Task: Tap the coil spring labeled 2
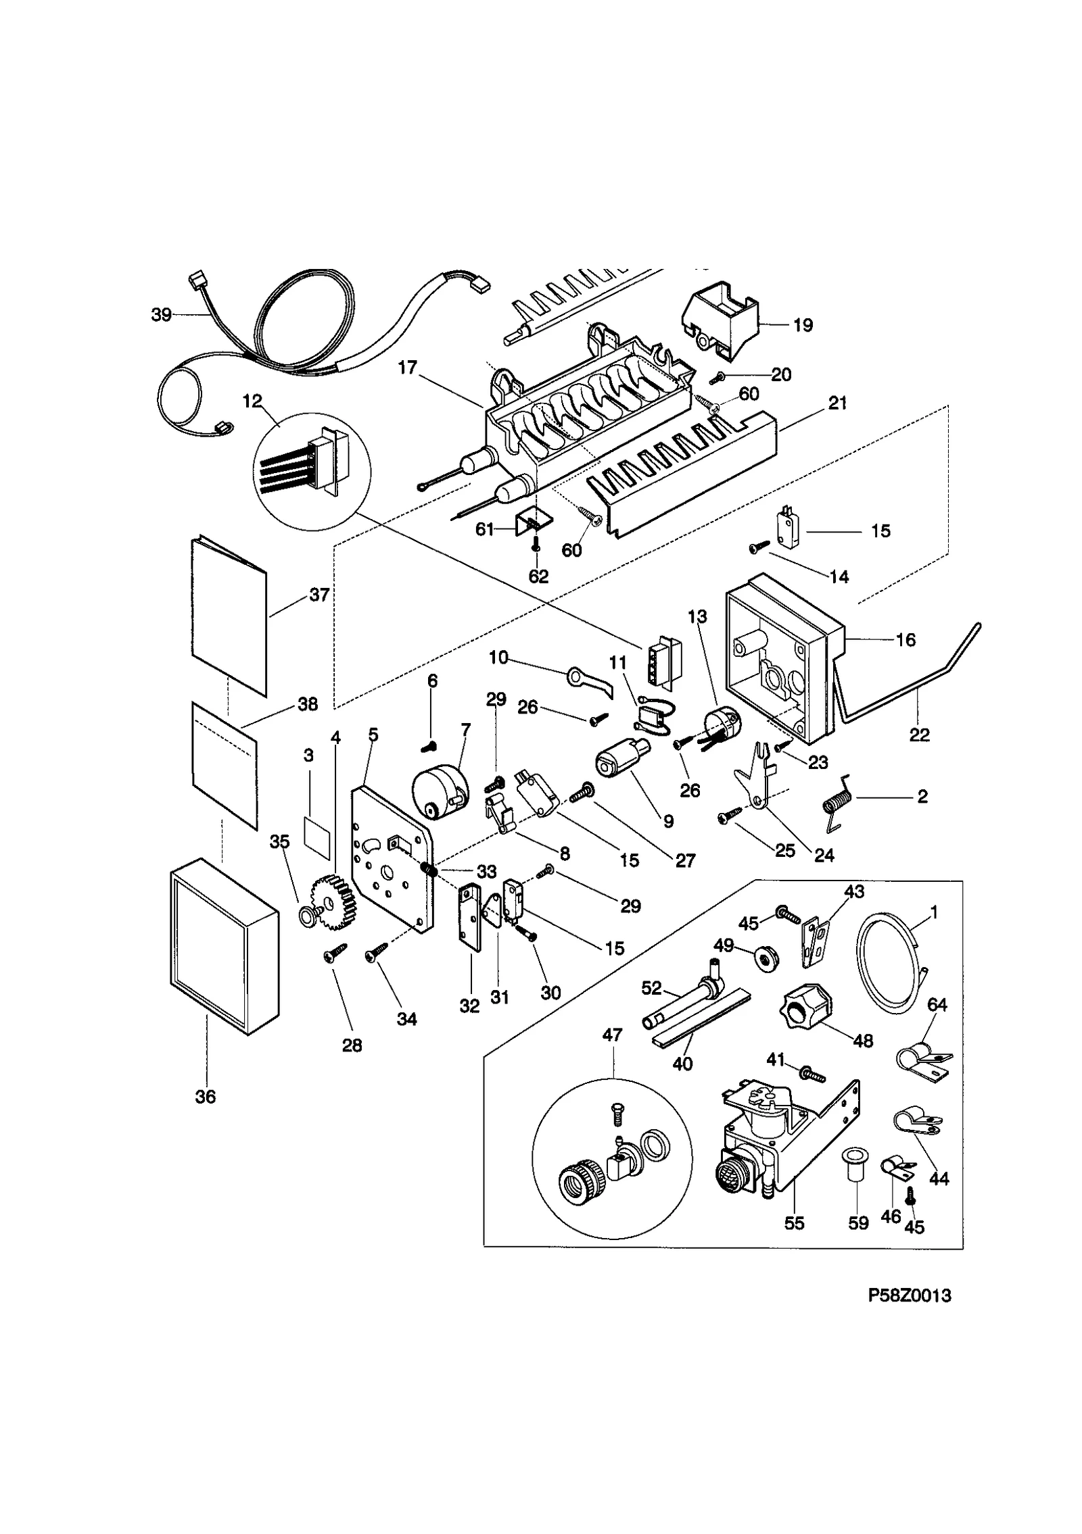pos(836,804)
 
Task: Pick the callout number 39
pos(161,315)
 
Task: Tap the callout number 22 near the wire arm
pos(919,735)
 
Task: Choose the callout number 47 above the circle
pos(613,1035)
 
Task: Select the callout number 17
pos(407,368)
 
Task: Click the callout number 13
pos(697,617)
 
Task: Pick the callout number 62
pos(538,576)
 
